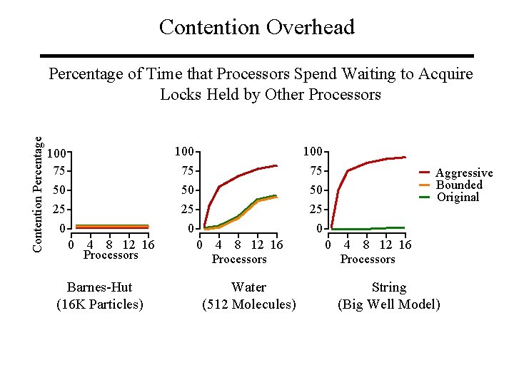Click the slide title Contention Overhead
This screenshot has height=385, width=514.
point(256,27)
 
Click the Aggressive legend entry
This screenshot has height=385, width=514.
point(463,173)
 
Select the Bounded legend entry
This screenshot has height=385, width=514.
point(459,185)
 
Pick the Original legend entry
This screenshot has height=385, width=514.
point(458,197)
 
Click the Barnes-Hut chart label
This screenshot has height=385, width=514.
point(99,287)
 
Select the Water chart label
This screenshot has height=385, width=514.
point(248,287)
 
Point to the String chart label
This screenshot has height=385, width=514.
point(388,287)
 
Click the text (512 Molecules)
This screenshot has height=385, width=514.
point(248,304)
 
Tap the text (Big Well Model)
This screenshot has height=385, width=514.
point(388,304)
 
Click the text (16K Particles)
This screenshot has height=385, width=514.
point(99,304)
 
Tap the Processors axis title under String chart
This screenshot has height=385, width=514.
point(368,259)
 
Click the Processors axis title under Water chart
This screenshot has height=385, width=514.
point(239,259)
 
